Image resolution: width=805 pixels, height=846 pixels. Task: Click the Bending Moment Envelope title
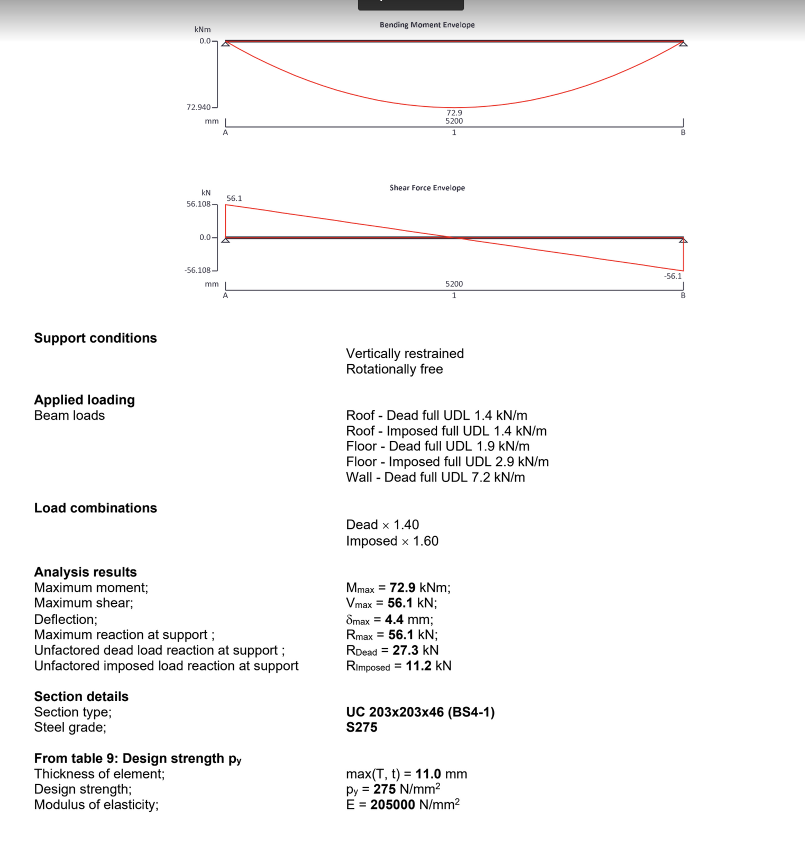coord(427,25)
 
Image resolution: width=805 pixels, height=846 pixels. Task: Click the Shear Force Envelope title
coord(427,188)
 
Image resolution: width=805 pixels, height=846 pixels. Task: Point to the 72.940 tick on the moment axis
coord(199,107)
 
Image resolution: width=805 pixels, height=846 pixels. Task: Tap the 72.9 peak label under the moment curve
coord(454,113)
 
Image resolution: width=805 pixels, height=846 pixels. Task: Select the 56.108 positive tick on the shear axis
coord(199,204)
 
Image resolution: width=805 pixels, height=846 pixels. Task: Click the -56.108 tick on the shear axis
coord(198,270)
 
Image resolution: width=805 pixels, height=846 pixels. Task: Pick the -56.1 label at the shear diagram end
coord(673,276)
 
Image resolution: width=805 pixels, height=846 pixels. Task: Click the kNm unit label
coord(203,30)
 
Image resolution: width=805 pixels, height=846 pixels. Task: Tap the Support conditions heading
coord(95,338)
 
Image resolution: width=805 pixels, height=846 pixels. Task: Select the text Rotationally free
coord(395,369)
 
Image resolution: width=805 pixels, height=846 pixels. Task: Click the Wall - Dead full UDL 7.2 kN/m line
coord(435,477)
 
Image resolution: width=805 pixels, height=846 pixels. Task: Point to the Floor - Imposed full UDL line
coord(447,462)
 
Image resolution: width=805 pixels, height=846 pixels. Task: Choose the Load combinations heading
coord(95,508)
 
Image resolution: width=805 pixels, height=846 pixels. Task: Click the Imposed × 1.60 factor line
coord(392,541)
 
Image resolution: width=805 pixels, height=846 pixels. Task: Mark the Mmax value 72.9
coord(402,587)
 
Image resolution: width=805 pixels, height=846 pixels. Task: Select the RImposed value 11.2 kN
coord(428,666)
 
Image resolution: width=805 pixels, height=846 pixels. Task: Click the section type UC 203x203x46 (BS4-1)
coord(420,712)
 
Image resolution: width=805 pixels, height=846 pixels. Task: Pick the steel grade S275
coord(362,728)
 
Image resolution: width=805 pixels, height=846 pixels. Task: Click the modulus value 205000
coord(392,805)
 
